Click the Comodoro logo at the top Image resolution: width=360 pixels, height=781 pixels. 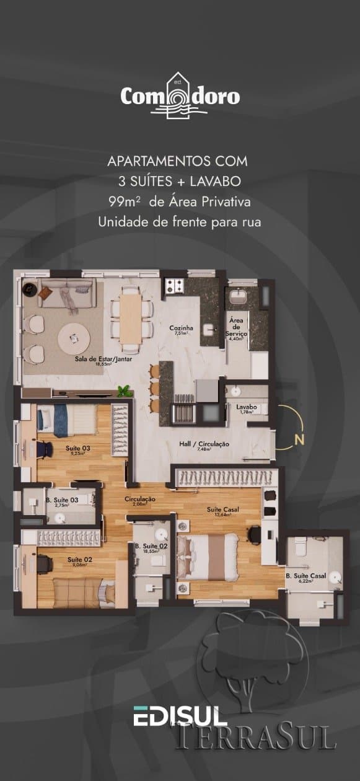[180, 97]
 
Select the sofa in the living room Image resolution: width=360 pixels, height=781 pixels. [66, 291]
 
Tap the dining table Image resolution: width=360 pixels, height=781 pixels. [131, 317]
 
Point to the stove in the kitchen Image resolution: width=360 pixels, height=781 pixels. [174, 286]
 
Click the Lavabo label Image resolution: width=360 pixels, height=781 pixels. [246, 407]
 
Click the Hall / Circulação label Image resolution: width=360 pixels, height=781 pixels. [204, 444]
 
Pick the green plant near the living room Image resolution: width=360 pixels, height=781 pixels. [125, 391]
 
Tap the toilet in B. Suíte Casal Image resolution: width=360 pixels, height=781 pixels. [301, 546]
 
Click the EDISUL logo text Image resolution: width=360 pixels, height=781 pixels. [180, 717]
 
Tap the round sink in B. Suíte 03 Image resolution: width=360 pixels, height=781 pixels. [60, 518]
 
